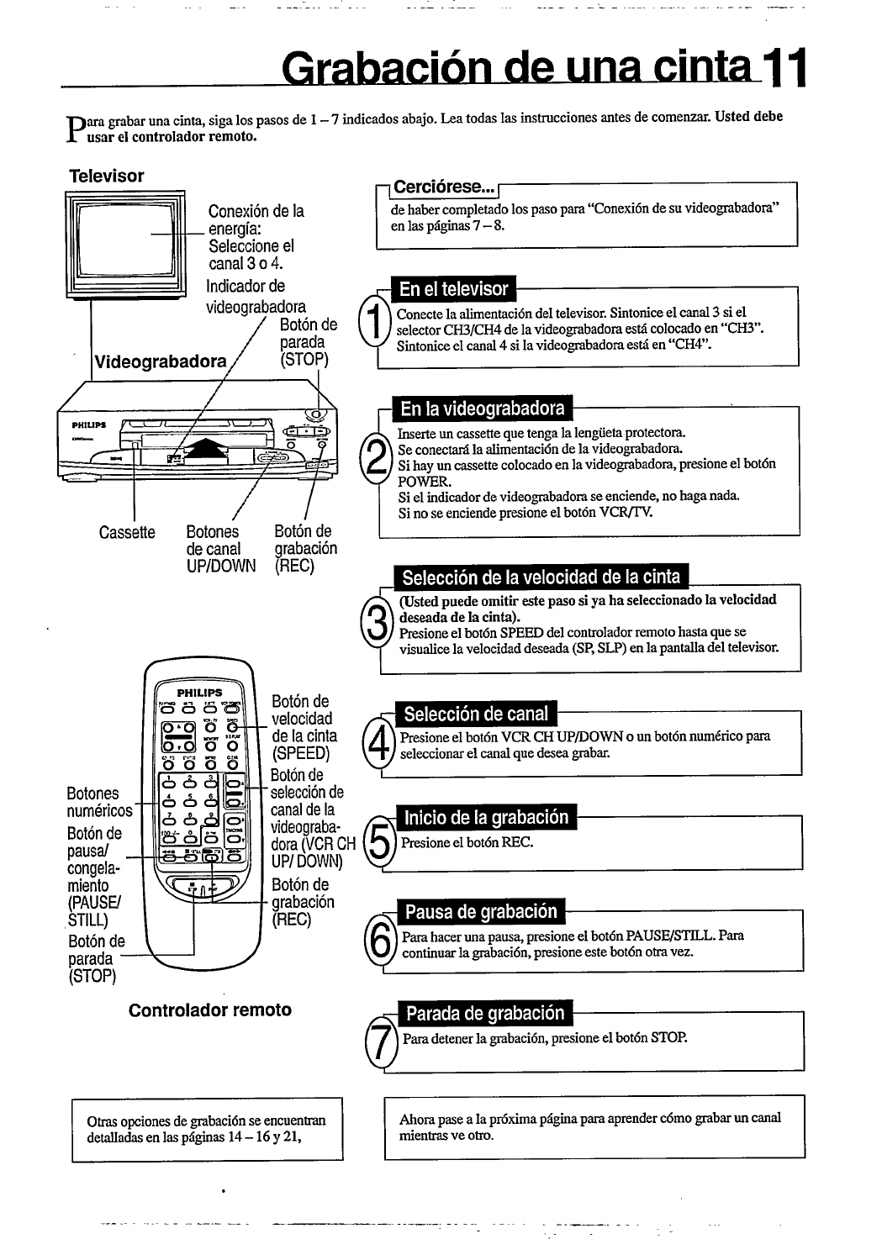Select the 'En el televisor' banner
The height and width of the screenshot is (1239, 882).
pyautogui.click(x=454, y=289)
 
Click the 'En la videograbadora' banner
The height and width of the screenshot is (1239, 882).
pyautogui.click(x=482, y=409)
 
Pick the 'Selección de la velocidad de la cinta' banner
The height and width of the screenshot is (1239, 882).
pyautogui.click(x=541, y=577)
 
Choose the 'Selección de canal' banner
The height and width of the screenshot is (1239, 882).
pyautogui.click(x=475, y=714)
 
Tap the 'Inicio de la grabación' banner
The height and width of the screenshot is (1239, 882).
pyautogui.click(x=486, y=818)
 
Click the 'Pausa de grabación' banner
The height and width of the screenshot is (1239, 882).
pyautogui.click(x=481, y=911)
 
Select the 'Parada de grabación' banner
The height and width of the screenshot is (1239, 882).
pyautogui.click(x=485, y=1013)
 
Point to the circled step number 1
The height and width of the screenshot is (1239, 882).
pyautogui.click(x=373, y=321)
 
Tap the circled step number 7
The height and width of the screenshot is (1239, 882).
pyautogui.click(x=381, y=1044)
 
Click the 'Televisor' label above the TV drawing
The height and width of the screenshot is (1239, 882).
pyautogui.click(x=106, y=176)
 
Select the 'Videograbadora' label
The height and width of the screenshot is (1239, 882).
pyautogui.click(x=160, y=362)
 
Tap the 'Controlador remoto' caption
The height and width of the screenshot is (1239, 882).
pyautogui.click(x=209, y=1010)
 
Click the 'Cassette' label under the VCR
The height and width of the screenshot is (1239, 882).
pyautogui.click(x=127, y=533)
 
